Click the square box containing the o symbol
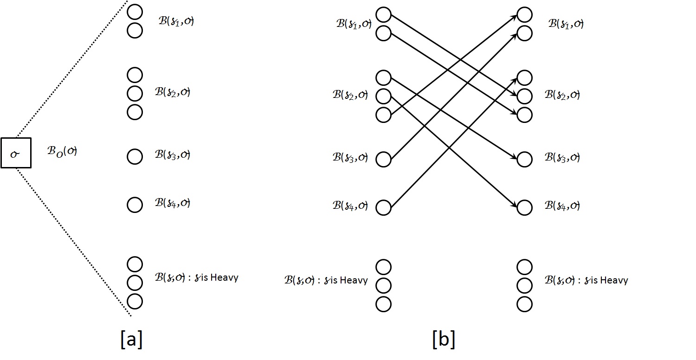16,153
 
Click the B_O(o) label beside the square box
62,151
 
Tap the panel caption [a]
131,340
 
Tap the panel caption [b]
443,340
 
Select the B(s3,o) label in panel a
173,154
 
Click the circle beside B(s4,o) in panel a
135,204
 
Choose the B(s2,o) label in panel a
173,92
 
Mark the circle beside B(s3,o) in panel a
135,156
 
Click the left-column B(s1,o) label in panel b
354,24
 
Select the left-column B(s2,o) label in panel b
350,95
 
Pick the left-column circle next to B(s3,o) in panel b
383,159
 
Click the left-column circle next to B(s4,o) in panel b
383,207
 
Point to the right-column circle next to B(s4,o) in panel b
524,207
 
